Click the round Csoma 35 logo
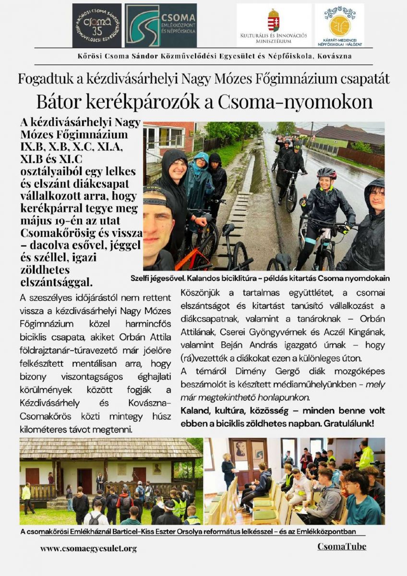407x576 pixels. [97, 25]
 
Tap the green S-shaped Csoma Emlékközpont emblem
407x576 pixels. [143, 25]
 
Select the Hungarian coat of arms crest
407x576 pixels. [274, 20]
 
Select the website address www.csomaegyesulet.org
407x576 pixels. [88, 548]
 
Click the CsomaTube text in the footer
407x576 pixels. [341, 546]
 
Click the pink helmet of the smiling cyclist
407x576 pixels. [326, 172]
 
